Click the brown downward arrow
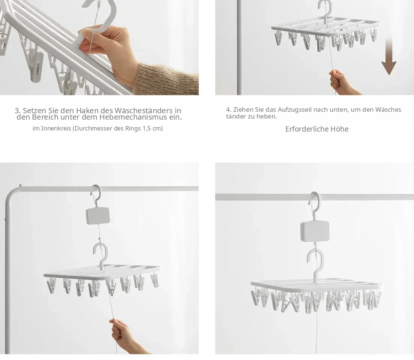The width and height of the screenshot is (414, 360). pyautogui.click(x=389, y=56)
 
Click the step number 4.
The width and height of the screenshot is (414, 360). pyautogui.click(x=228, y=109)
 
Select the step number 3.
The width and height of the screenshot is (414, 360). pyautogui.click(x=18, y=110)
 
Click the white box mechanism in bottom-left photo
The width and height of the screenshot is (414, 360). pyautogui.click(x=98, y=216)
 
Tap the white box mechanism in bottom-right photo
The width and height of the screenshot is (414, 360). pyautogui.click(x=315, y=231)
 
